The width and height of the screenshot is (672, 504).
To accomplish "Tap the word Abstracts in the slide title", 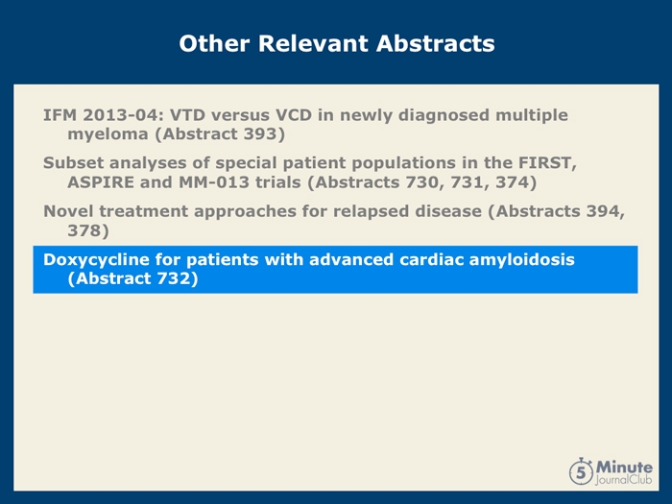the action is tap(436, 43).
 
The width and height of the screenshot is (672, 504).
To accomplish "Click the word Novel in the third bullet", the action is tap(68, 211).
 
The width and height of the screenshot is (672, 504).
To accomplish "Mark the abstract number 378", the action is tap(84, 230).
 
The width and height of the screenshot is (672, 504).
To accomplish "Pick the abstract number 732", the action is tap(173, 278).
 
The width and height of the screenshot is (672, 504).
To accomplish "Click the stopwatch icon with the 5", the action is tap(582, 471).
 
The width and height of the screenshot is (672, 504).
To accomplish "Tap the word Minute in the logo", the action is tap(624, 467).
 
